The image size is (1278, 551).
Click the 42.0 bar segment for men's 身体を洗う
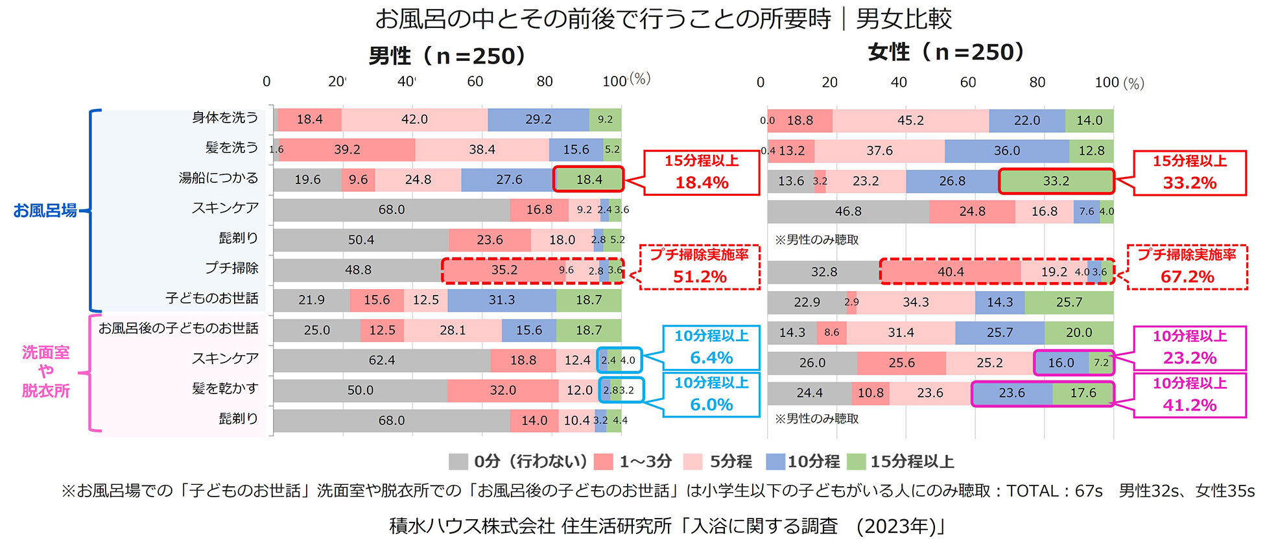point(414,119)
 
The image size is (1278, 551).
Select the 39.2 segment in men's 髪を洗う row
point(347,150)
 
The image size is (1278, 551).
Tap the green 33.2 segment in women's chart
point(1056,182)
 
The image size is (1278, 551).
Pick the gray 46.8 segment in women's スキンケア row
point(848,211)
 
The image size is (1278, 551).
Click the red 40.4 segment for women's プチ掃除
point(951,272)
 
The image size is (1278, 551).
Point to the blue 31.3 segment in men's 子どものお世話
point(502,300)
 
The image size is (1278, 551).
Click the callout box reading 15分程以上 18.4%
point(701,172)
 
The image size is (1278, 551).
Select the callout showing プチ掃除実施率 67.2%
point(1187,266)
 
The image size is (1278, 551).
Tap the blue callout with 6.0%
point(711,394)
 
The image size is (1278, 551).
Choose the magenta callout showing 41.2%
point(1189,395)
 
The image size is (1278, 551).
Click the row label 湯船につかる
point(219,178)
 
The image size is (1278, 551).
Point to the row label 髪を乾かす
point(225,389)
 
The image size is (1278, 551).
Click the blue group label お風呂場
point(45,211)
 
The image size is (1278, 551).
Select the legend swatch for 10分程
point(775,462)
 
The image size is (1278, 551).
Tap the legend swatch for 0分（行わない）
point(458,462)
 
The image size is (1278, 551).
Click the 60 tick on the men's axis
point(475,82)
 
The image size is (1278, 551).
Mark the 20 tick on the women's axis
point(829,82)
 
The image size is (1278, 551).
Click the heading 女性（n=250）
point(946,52)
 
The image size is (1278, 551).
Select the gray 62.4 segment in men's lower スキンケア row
point(382,360)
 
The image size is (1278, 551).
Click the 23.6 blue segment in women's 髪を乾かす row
point(1012,393)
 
